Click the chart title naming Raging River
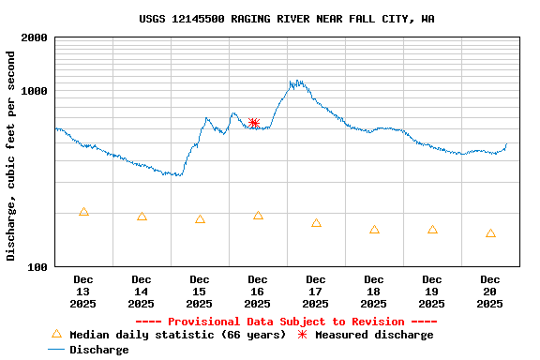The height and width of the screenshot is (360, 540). click(x=286, y=19)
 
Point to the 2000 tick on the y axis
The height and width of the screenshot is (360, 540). click(x=35, y=37)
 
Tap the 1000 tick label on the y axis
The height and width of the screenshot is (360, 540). click(x=35, y=91)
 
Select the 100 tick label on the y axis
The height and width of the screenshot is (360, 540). click(x=38, y=267)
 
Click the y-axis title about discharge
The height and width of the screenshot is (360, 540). click(x=11, y=156)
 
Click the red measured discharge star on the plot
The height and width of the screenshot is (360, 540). click(x=254, y=123)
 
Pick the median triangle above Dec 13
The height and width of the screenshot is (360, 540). click(x=83, y=212)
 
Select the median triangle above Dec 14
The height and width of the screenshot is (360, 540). click(x=142, y=217)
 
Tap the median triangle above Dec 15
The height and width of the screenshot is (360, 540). click(x=200, y=219)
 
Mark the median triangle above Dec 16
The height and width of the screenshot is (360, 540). click(x=258, y=216)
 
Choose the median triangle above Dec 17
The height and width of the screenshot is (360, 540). click(x=316, y=223)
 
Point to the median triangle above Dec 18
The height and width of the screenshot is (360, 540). click(x=374, y=230)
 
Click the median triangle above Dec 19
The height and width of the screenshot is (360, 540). click(x=432, y=230)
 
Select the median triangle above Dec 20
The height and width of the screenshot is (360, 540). click(x=490, y=233)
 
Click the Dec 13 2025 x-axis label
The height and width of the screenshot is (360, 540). click(x=83, y=291)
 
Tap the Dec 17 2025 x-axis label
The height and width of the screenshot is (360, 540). click(x=316, y=291)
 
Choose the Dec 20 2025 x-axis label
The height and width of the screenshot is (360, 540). click(x=490, y=291)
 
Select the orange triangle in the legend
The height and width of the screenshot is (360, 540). click(x=56, y=334)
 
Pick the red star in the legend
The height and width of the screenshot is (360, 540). click(x=302, y=335)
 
